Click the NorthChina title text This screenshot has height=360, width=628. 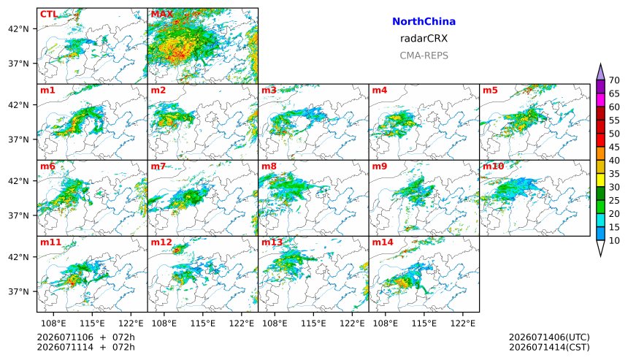click(424, 22)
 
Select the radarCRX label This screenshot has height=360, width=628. click(424, 39)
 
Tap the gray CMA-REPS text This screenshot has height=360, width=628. click(424, 55)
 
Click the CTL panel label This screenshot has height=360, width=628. click(48, 15)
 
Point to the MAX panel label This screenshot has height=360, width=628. click(162, 15)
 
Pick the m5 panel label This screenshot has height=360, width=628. click(490, 90)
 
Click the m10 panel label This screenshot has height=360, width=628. click(493, 166)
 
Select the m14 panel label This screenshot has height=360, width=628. click(383, 242)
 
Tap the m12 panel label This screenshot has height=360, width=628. click(161, 242)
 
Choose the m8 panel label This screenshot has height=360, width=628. click(269, 166)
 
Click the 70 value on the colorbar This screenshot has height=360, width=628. click(614, 80)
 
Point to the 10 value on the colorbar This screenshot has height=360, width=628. click(614, 241)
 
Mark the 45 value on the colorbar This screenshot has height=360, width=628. click(614, 148)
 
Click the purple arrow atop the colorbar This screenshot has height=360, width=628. click(600, 72)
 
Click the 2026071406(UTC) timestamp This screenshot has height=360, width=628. click(549, 337)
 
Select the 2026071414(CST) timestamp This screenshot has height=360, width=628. click(549, 347)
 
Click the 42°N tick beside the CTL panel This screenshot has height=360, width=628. click(18, 28)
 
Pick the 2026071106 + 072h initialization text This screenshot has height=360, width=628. click(85, 337)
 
